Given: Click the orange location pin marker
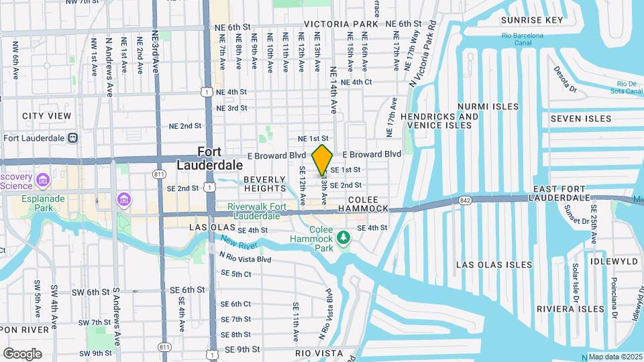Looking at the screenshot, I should (x=323, y=160).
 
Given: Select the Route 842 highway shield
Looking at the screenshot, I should (x=465, y=200).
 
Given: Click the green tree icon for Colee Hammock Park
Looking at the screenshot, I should (x=343, y=238).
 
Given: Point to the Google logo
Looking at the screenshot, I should (x=22, y=353).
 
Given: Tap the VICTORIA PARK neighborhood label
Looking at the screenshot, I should (x=341, y=23).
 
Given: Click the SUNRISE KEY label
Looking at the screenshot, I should (x=532, y=20).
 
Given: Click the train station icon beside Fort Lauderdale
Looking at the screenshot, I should (x=72, y=138).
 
